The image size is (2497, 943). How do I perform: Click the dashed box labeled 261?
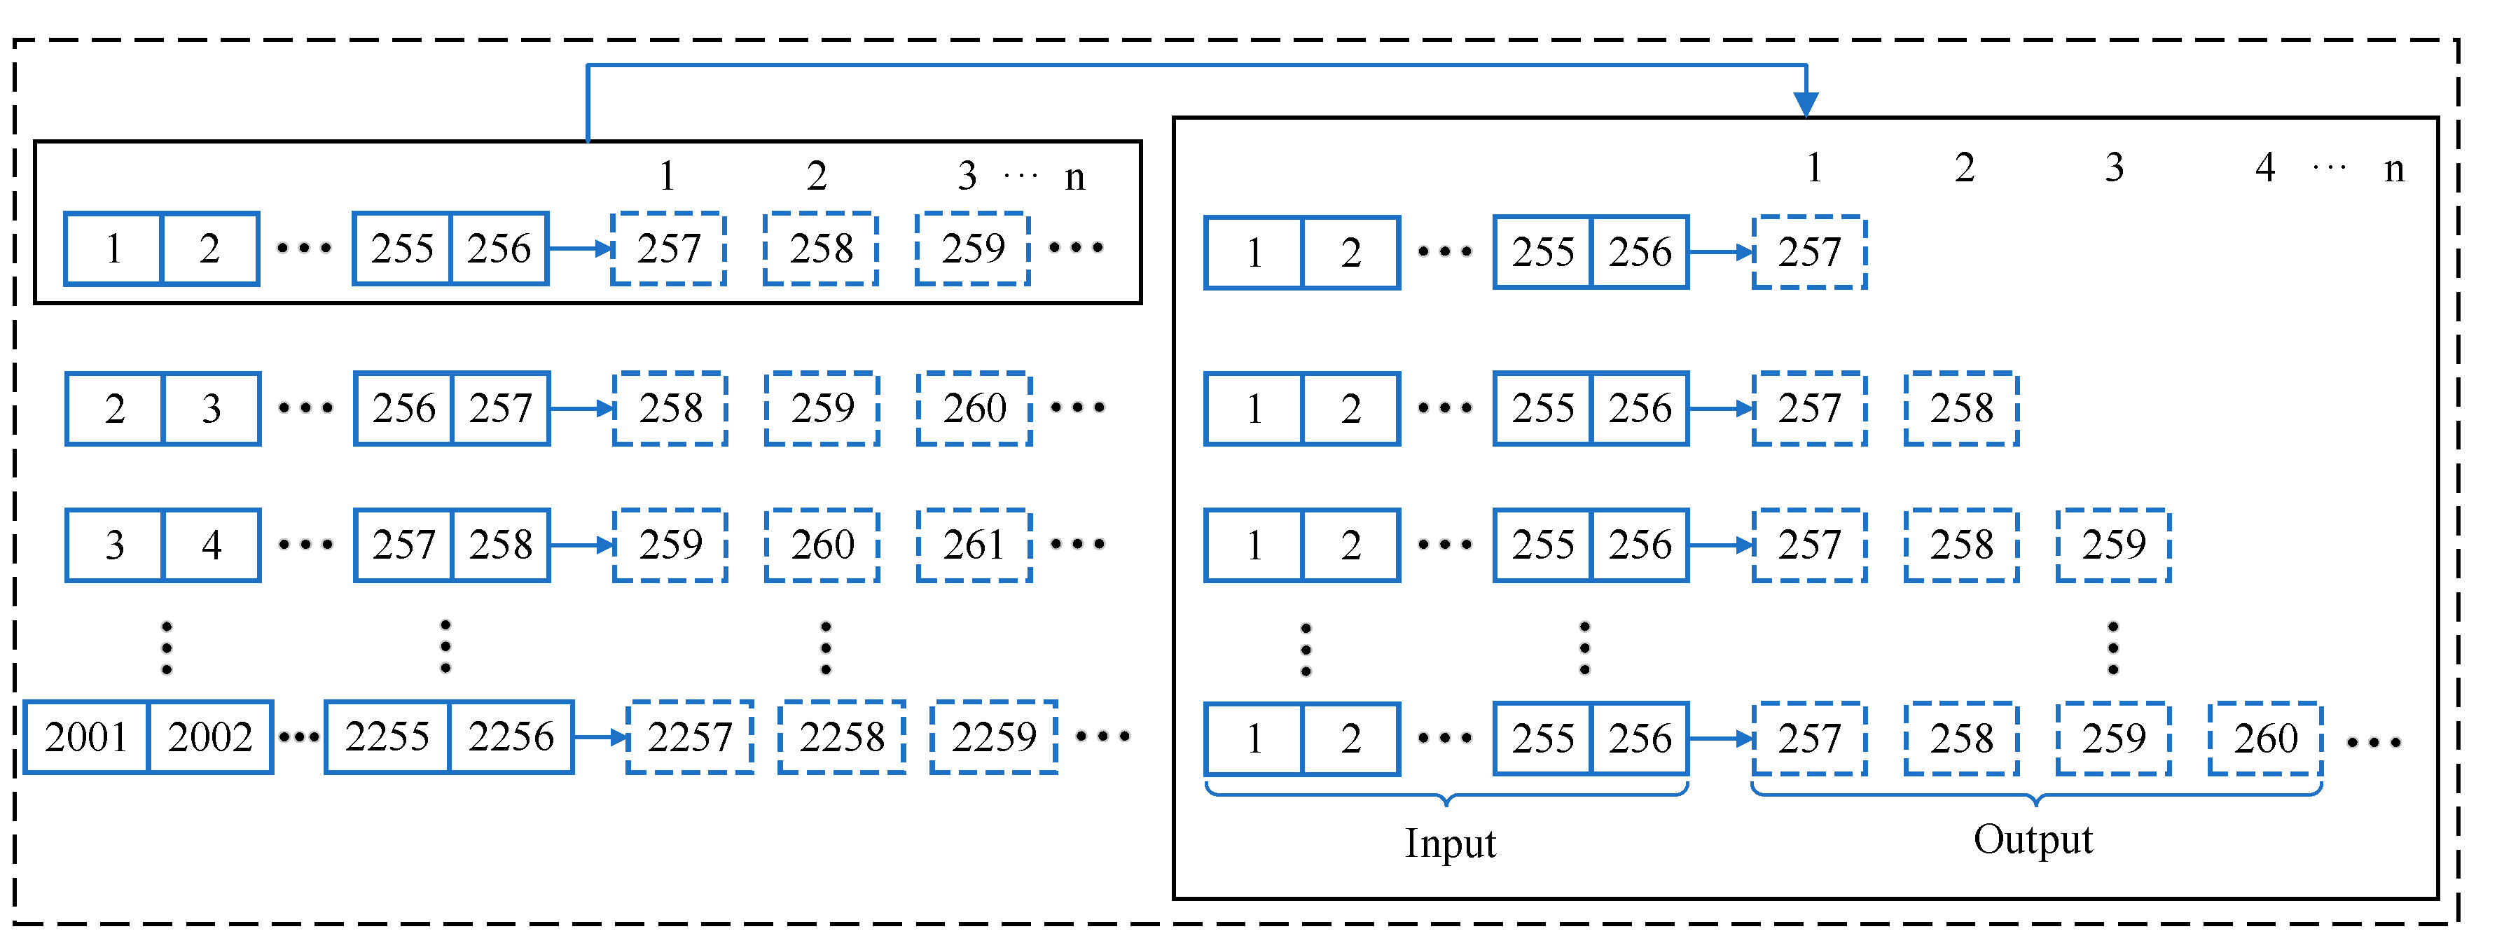tap(974, 545)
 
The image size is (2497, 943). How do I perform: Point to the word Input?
tap(1450, 843)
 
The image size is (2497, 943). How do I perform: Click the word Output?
tap(2033, 839)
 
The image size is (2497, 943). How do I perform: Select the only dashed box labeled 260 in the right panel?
tap(2265, 739)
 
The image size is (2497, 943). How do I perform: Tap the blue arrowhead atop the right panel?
tap(1806, 103)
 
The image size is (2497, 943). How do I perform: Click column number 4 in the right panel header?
tap(2264, 167)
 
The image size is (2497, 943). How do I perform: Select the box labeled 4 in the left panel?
tap(212, 545)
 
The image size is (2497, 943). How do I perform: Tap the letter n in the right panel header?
tap(2393, 169)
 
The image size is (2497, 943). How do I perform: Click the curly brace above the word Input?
tap(1446, 795)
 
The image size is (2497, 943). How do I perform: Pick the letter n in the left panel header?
tap(1074, 177)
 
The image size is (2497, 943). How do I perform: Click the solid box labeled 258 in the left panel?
tap(501, 545)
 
